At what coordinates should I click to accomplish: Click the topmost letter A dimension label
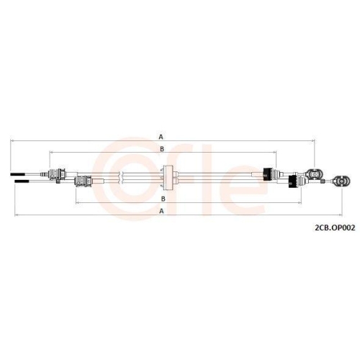point(161,137)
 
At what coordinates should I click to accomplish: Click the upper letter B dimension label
point(162,149)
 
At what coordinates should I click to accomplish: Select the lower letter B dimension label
point(163,199)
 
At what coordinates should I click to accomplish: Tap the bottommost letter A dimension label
point(161,211)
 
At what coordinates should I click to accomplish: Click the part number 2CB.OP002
point(335,228)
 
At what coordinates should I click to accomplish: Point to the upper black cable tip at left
point(17,174)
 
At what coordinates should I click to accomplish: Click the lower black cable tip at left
point(22,181)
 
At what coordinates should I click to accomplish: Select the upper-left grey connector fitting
point(57,174)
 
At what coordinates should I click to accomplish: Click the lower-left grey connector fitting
point(83,181)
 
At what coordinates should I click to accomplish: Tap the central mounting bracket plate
point(168,178)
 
